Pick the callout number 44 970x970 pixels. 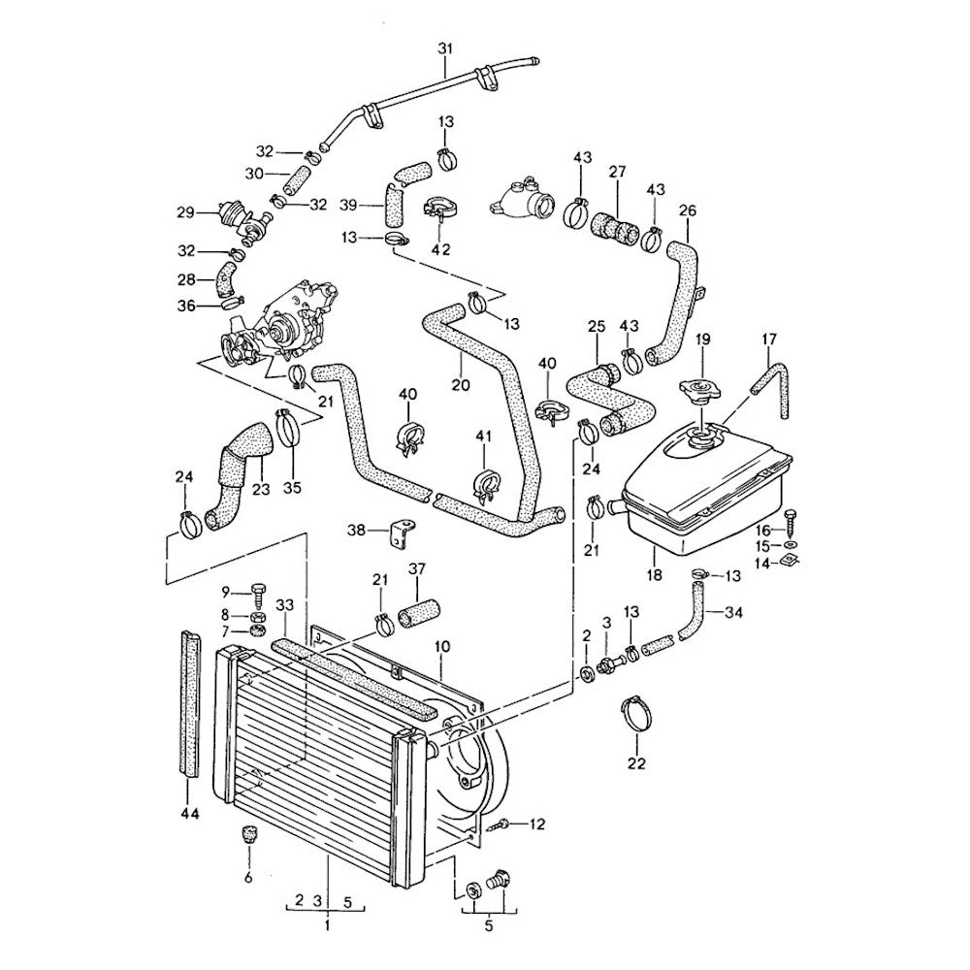(x=190, y=814)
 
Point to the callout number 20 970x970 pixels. (x=460, y=384)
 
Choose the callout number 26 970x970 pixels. (x=688, y=210)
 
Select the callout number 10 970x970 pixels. (x=441, y=645)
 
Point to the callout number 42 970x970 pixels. (x=440, y=248)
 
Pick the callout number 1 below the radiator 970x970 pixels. (x=327, y=925)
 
